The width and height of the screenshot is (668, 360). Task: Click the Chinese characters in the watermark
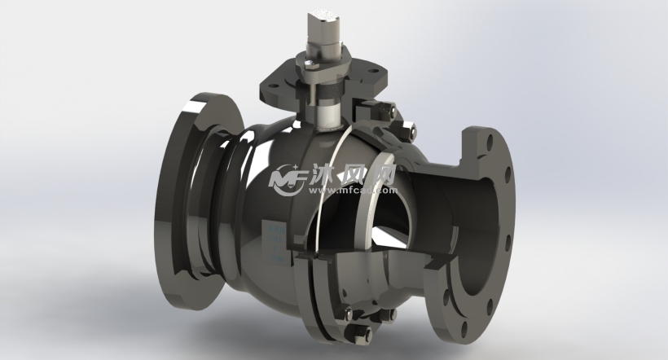(350, 173)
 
